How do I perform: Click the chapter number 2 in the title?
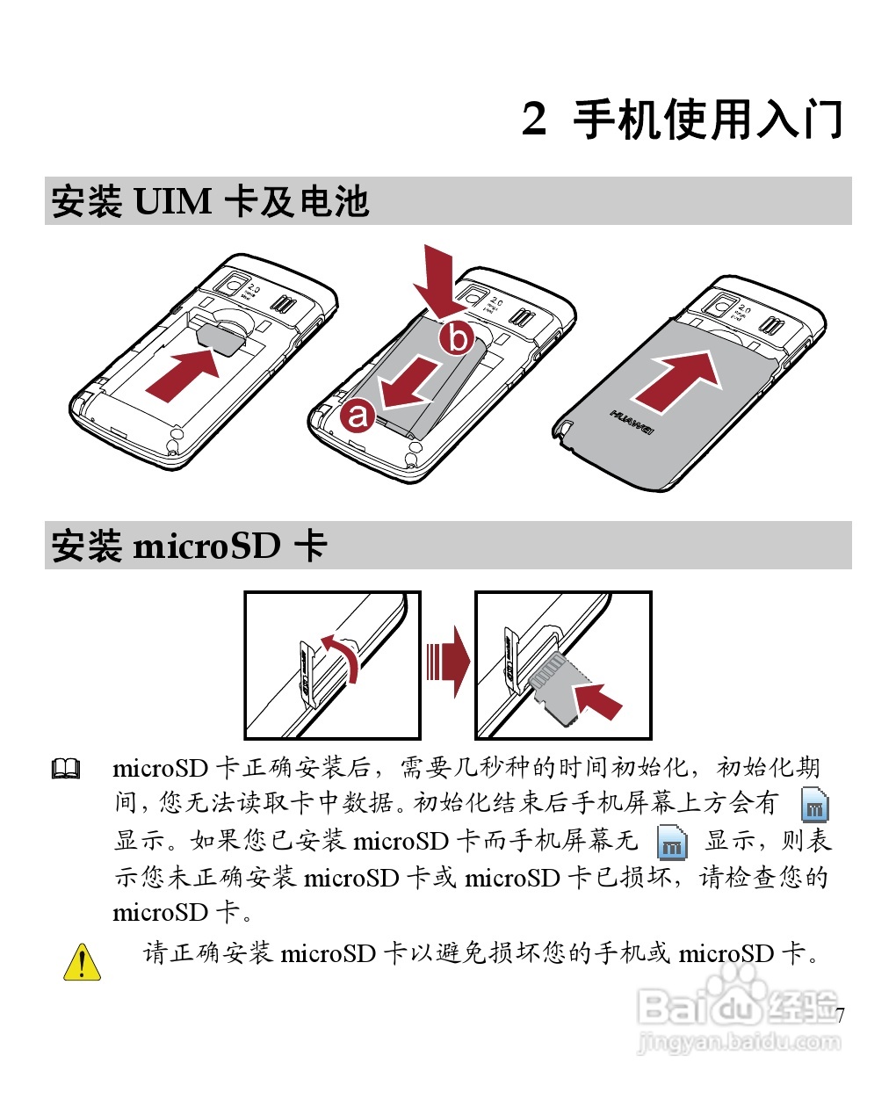pyautogui.click(x=534, y=119)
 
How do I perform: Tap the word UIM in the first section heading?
pyautogui.click(x=172, y=201)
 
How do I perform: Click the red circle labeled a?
pyautogui.click(x=358, y=414)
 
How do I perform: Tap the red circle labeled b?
pyautogui.click(x=457, y=337)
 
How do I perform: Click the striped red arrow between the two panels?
pyautogui.click(x=448, y=662)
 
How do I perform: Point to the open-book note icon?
pyautogui.click(x=66, y=770)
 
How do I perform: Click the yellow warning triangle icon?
pyautogui.click(x=82, y=961)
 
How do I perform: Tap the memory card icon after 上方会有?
pyautogui.click(x=815, y=805)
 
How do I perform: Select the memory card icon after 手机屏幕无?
pyautogui.click(x=672, y=842)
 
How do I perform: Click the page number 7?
pyautogui.click(x=840, y=1016)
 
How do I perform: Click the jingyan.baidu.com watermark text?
pyautogui.click(x=739, y=1043)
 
